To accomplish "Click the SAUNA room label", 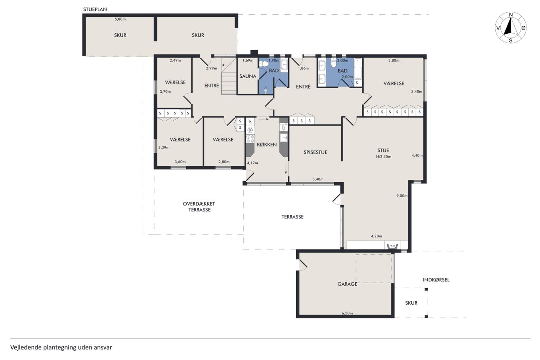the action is (248, 76).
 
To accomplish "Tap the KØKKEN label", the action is (267, 144).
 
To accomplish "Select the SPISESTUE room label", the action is (315, 152).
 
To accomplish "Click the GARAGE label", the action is (347, 284).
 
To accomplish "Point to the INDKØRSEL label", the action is (436, 280).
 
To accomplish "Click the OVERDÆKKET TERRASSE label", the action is (199, 207).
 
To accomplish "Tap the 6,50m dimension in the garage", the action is (347, 313).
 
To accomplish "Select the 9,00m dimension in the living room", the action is (402, 195).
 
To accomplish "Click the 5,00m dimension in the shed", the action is (120, 19).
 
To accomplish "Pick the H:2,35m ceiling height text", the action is (383, 157).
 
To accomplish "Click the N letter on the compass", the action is (511, 15).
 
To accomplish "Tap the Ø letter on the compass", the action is (524, 28).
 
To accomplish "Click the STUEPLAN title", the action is (95, 9).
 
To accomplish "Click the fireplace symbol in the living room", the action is (392, 246).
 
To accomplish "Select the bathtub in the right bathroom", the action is (358, 68).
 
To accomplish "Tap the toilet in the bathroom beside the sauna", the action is (264, 64).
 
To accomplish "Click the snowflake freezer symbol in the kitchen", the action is (251, 130).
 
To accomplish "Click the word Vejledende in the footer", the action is (26, 347).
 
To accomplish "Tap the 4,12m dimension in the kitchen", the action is (252, 163).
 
